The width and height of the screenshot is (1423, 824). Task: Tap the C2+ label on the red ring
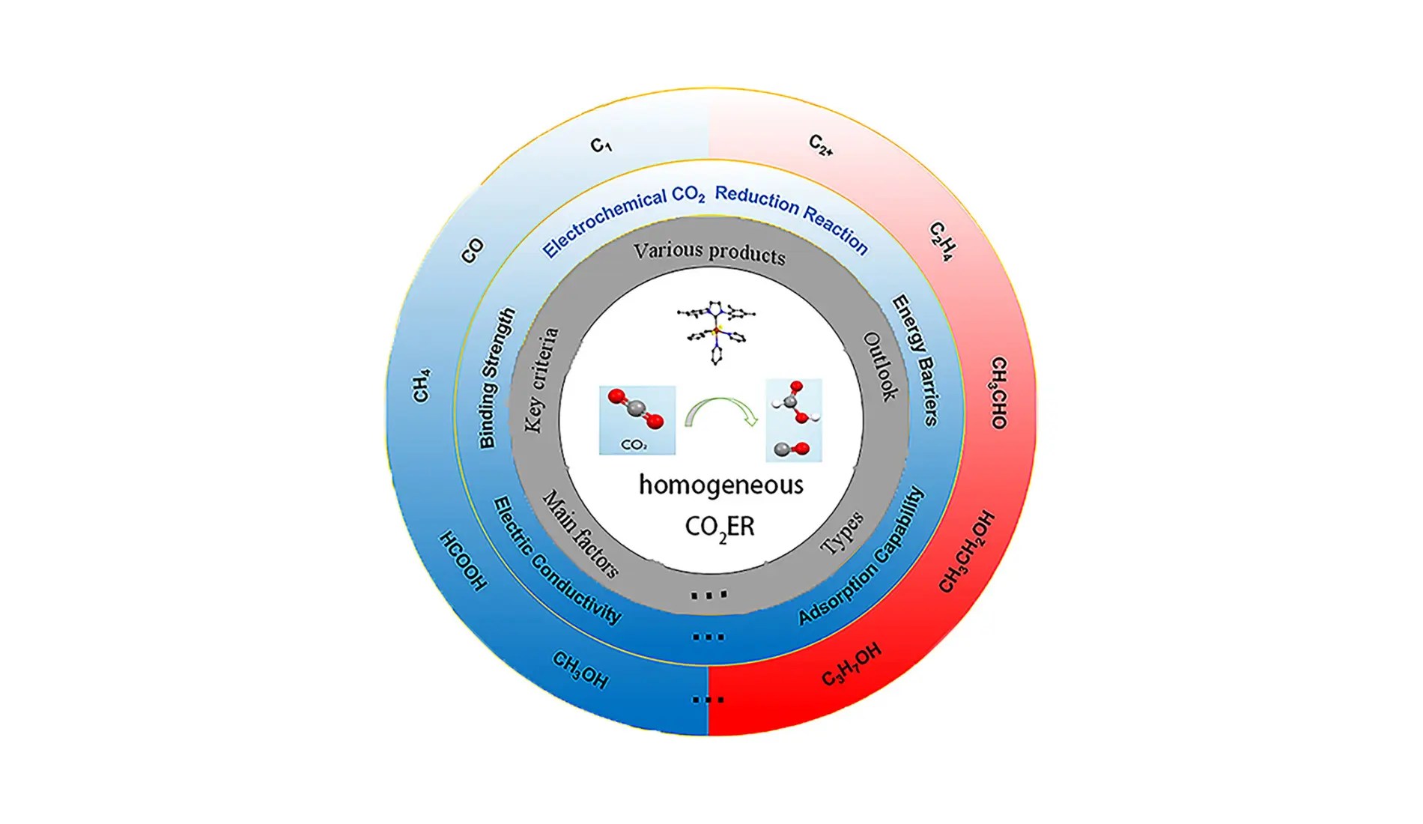click(x=821, y=145)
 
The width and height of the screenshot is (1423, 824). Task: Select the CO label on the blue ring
click(x=473, y=251)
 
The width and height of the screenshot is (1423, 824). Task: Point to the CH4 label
click(x=422, y=385)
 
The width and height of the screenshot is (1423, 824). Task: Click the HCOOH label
click(x=463, y=561)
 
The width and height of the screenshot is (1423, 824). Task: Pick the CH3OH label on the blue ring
click(x=580, y=669)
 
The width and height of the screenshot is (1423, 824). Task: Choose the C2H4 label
click(x=941, y=241)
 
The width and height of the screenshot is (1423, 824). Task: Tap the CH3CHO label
click(x=998, y=393)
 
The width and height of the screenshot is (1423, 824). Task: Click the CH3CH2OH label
click(x=967, y=551)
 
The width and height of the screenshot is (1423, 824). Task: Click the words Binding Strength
click(x=497, y=378)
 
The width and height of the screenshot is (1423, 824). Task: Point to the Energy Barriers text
click(x=915, y=360)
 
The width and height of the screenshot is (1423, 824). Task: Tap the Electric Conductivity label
click(x=556, y=560)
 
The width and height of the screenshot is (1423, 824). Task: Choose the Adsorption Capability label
click(x=862, y=557)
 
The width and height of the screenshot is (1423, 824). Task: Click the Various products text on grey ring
click(x=709, y=252)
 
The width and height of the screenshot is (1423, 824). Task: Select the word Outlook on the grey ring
click(x=880, y=366)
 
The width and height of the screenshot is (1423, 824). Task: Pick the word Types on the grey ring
click(x=842, y=533)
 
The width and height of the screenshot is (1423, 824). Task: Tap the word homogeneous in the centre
click(x=720, y=485)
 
